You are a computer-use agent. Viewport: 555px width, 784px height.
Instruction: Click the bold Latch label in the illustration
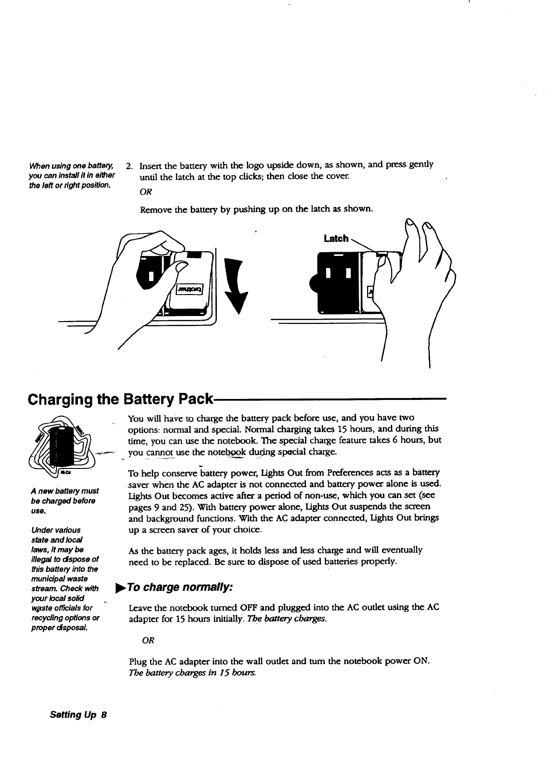pos(336,239)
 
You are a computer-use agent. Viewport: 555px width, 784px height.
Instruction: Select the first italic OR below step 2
pos(146,192)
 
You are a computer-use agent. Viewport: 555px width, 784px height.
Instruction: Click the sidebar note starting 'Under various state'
pos(65,578)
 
